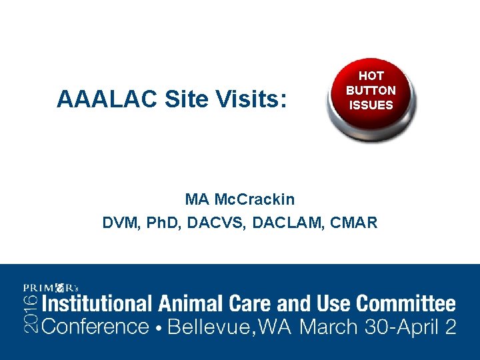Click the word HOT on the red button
click(x=371, y=76)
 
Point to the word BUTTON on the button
click(x=371, y=90)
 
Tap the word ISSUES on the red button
click(x=371, y=105)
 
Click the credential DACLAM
click(x=287, y=223)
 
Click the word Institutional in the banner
click(x=98, y=305)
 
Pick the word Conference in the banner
click(x=95, y=327)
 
